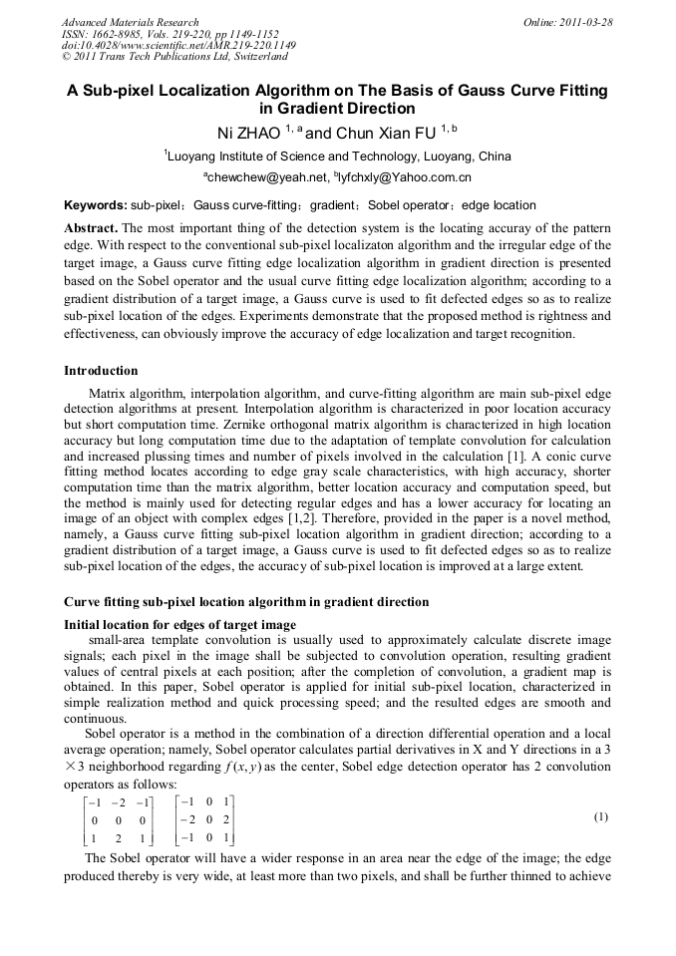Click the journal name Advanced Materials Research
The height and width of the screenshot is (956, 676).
(x=130, y=22)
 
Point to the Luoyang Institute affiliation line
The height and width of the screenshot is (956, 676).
(x=337, y=157)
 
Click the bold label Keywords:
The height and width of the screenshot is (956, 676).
(x=96, y=205)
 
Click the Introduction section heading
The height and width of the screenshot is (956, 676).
(x=101, y=371)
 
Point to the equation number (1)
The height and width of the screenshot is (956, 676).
(x=600, y=816)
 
